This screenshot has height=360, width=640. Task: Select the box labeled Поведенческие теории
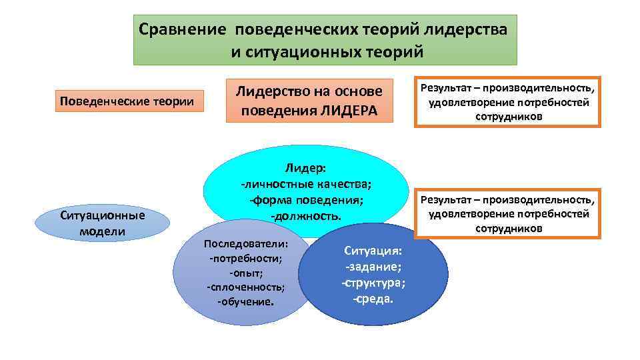(127, 101)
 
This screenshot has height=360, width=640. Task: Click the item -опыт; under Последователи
(245, 273)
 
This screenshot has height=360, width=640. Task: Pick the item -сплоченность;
(245, 287)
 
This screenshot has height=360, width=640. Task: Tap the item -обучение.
(245, 301)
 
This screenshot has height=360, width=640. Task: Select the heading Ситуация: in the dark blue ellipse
(373, 251)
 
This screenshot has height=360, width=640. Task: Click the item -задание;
(373, 267)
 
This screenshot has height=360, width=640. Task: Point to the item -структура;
(373, 283)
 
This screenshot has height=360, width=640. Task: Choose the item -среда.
(373, 298)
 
